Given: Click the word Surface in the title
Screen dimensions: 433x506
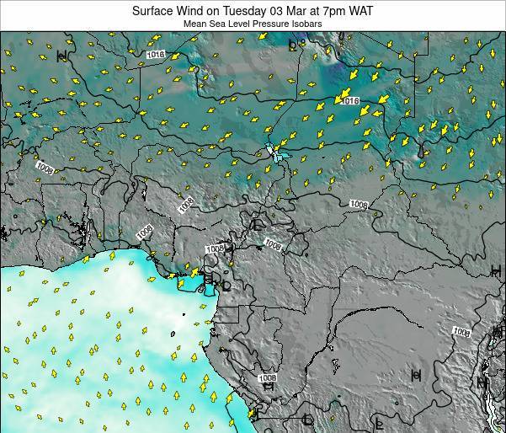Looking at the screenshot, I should pyautogui.click(x=155, y=11).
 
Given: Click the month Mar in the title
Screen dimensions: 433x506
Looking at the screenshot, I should pyautogui.click(x=305, y=11).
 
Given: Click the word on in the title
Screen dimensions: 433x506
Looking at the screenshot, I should pyautogui.click(x=218, y=11).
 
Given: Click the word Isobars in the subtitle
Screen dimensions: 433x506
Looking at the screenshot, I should pyautogui.click(x=307, y=24).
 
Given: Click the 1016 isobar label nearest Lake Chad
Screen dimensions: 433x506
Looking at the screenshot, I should pyautogui.click(x=350, y=100).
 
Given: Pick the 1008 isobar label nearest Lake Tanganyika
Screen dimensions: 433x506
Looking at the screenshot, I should pyautogui.click(x=461, y=331).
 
